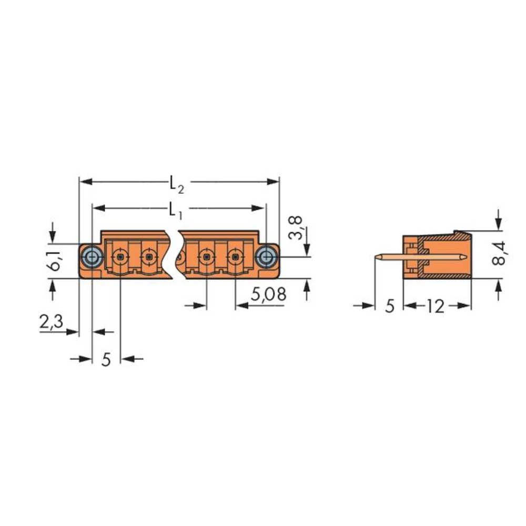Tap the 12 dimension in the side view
pos(435,306)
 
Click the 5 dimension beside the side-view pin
pos(389,306)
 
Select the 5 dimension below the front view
pos(106,360)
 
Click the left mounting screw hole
pos(92,257)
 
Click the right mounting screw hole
pos(266,257)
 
